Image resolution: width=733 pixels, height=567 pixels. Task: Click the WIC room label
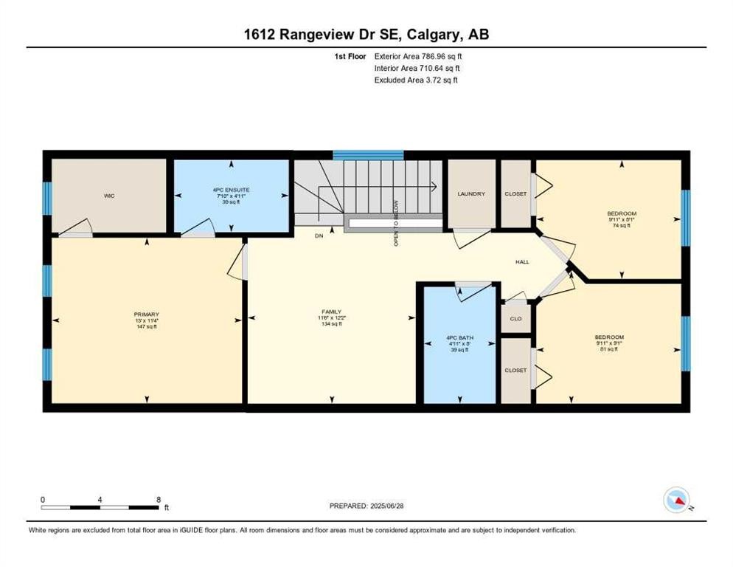pos(108,196)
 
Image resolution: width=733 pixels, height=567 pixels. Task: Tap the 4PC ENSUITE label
pos(231,190)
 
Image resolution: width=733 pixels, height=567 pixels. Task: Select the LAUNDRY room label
pos(471,194)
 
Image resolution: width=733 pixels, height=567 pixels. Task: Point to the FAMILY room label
pos(332,312)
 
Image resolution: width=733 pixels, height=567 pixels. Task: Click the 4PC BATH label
pos(459,337)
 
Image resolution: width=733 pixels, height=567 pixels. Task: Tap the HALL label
pos(522,262)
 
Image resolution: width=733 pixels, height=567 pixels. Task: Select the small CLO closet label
pos(516,319)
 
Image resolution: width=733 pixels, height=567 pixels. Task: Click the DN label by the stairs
pos(319,236)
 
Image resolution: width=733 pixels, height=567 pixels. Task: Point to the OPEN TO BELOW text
pos(396,222)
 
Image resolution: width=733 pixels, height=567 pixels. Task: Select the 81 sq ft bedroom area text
pos(609,349)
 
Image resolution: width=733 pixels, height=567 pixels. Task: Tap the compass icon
pos(677,500)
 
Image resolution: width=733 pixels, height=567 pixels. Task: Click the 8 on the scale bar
pos(159,499)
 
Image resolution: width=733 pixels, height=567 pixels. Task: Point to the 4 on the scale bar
pos(100,499)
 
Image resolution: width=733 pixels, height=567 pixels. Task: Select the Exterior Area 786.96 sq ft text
pos(418,55)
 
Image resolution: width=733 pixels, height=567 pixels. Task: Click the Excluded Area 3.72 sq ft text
pos(416,80)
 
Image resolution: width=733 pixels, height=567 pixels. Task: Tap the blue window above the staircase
pos(368,155)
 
